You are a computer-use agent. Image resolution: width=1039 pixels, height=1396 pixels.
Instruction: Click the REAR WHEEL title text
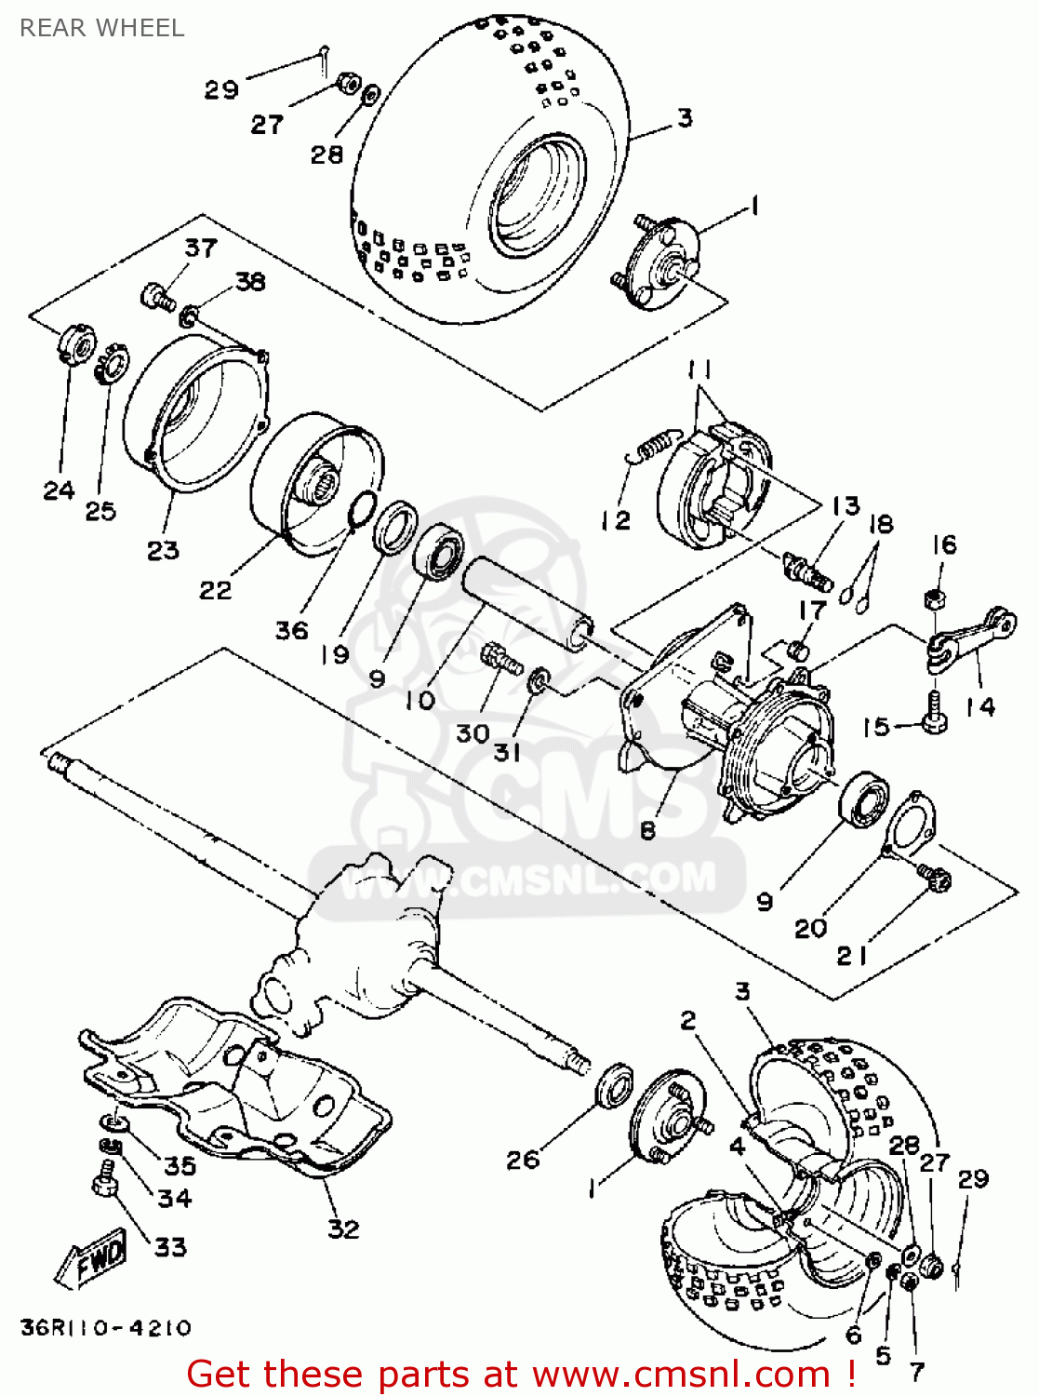(x=101, y=28)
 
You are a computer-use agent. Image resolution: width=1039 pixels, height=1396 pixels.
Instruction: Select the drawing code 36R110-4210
(x=105, y=1327)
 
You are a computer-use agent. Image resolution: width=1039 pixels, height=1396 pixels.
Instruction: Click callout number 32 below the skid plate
(x=343, y=1228)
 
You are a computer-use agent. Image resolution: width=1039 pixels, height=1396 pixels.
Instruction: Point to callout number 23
(x=163, y=550)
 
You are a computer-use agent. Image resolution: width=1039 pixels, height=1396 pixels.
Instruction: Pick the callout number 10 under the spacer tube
(x=420, y=700)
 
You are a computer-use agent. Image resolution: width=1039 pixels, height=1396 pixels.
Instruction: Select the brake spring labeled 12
(x=655, y=444)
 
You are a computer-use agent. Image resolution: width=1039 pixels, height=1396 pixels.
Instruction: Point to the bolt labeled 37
(x=157, y=298)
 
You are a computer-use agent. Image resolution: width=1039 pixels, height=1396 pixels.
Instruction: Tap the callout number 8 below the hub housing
(x=647, y=829)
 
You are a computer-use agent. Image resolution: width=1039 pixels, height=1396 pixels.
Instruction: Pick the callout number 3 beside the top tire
(x=685, y=118)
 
